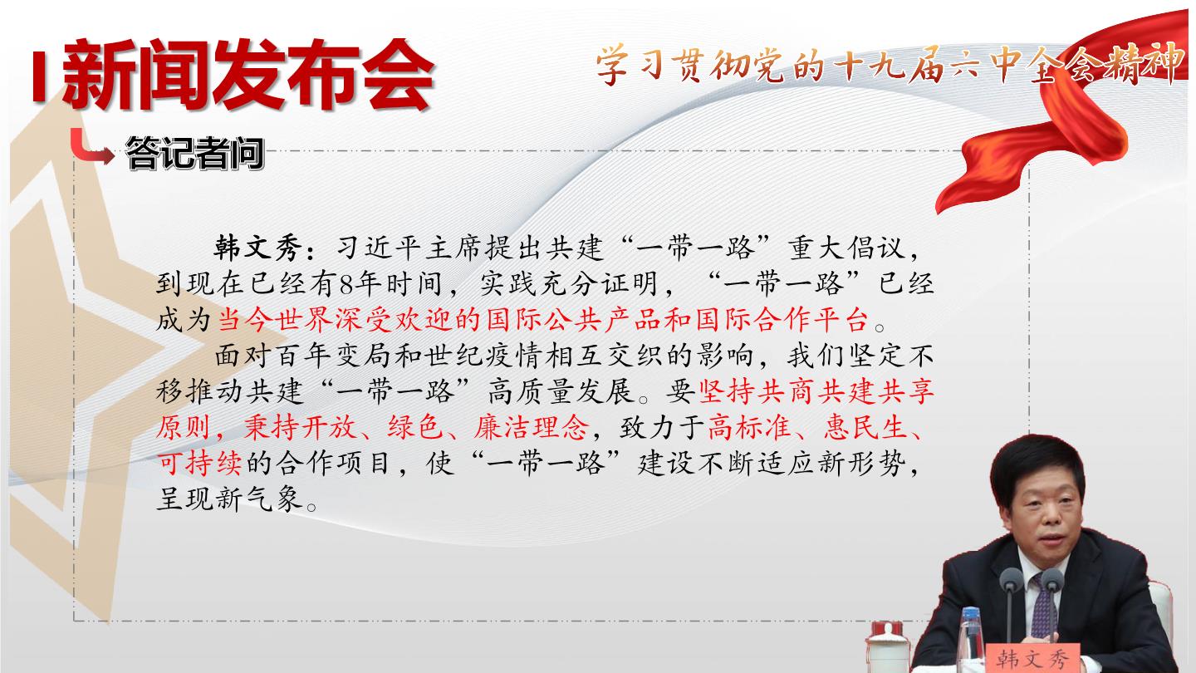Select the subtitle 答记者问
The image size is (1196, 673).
coord(195,154)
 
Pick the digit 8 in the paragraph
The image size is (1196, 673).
coord(347,284)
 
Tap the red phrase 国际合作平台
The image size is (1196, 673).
coord(782,320)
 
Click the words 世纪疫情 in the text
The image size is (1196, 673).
coord(483,356)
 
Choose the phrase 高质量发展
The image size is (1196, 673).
coord(561,392)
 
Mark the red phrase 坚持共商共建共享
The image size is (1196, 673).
coord(816,392)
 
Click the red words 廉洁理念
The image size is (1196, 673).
coord(532,428)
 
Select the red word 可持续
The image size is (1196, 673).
coord(199,464)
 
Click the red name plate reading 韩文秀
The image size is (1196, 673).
coord(1032,658)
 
